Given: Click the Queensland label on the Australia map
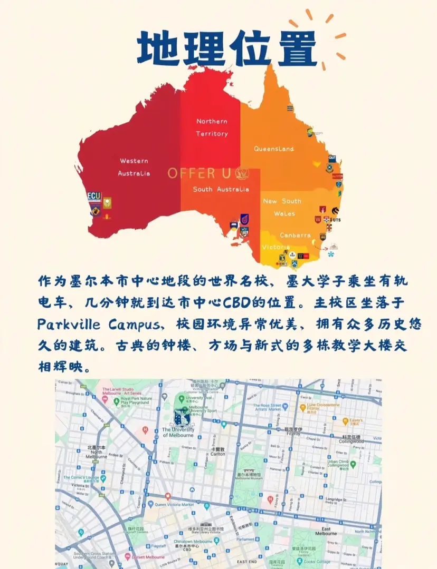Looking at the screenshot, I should (273, 149).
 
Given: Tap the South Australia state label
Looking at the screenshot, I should (221, 189).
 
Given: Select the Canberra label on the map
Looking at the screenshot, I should (295, 235).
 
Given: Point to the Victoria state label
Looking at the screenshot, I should (276, 247).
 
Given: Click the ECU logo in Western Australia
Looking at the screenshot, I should (94, 196).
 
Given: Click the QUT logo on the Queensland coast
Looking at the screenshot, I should (332, 158).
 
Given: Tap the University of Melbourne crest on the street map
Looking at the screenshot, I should (183, 416).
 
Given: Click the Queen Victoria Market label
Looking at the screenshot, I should (174, 504).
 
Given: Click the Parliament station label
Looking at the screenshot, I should (245, 539).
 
